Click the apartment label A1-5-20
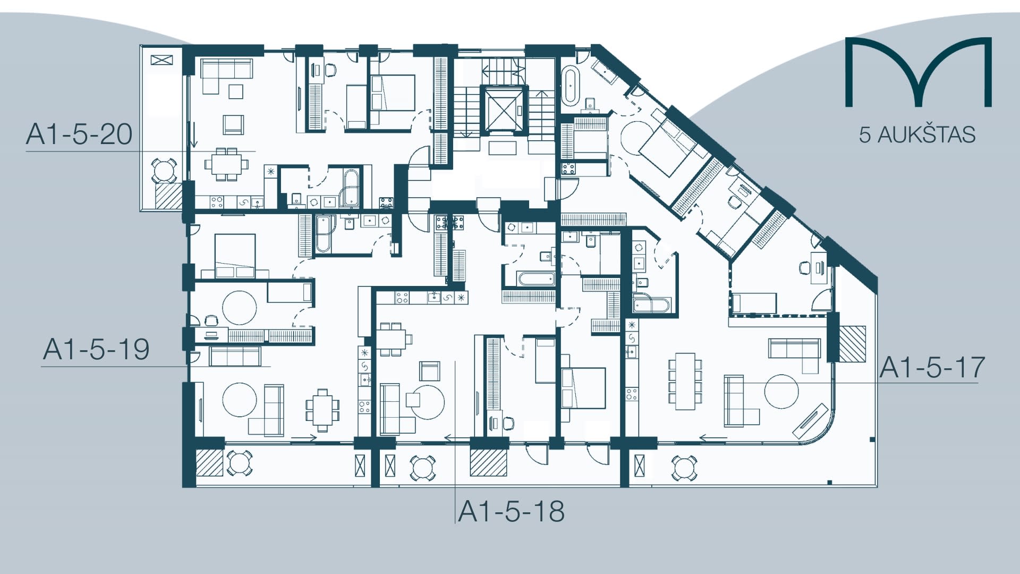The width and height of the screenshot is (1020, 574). [79, 134]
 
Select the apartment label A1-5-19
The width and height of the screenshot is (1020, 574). [96, 350]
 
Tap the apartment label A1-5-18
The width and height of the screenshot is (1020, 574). [511, 511]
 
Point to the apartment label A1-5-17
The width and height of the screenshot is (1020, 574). [932, 368]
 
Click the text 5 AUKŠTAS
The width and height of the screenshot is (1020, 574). [917, 135]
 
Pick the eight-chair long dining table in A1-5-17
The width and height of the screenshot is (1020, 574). [685, 381]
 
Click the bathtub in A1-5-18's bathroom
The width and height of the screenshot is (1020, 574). [538, 279]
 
